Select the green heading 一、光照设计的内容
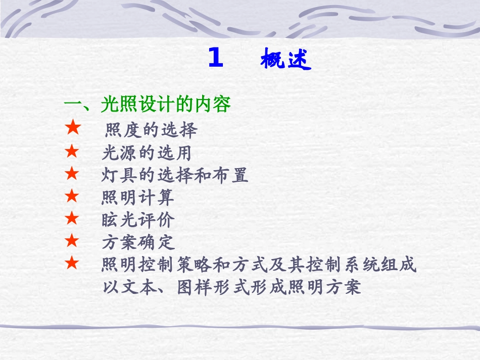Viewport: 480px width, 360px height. pos(147,105)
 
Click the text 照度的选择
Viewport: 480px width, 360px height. pos(151,130)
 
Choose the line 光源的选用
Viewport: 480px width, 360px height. pos(147,152)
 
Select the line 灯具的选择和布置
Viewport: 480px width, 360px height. pos(175,175)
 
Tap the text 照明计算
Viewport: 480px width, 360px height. pos(137,197)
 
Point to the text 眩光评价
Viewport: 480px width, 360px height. pos(137,220)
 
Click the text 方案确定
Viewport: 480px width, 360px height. pos(137,243)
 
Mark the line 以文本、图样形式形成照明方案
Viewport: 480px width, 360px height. pos(231,287)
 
